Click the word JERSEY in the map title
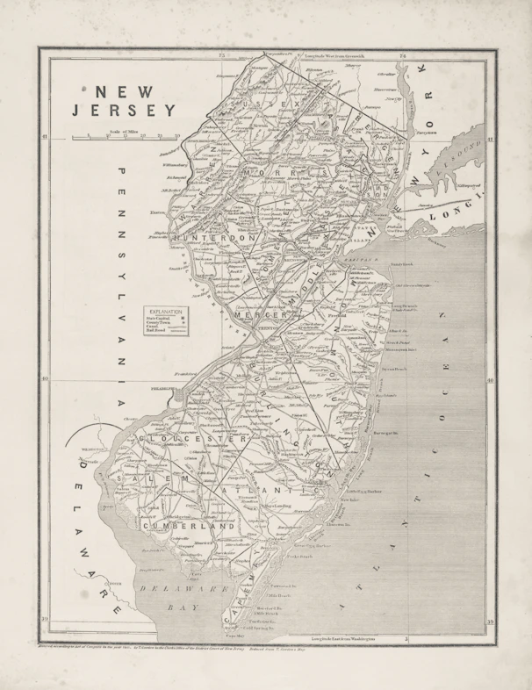pyautogui.click(x=125, y=111)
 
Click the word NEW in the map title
pyautogui.click(x=126, y=90)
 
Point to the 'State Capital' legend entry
pyautogui.click(x=163, y=319)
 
